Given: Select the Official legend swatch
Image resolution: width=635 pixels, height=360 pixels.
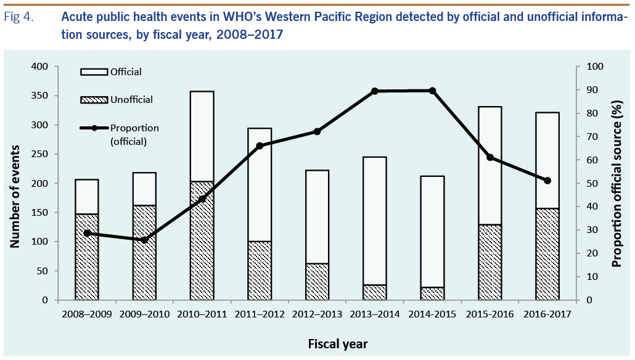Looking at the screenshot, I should point(94,72).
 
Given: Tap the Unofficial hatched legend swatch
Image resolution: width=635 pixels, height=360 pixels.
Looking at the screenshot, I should point(94,99).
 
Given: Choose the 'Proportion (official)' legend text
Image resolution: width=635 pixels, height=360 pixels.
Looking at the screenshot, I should point(134,134).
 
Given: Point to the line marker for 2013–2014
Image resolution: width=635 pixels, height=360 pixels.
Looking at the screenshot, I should point(374,91).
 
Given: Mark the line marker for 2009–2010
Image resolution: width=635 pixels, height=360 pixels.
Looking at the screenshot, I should point(144,240).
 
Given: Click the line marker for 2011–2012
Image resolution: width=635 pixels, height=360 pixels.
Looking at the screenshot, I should point(260,145).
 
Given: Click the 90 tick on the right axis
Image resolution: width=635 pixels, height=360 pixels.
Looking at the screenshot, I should point(592,90).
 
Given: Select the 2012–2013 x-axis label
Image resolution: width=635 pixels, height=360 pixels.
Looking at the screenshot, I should point(317,314).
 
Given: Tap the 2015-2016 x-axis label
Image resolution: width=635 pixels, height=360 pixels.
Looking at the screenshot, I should point(490,314).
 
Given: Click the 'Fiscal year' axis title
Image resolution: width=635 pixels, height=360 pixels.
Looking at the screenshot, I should point(316,342).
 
